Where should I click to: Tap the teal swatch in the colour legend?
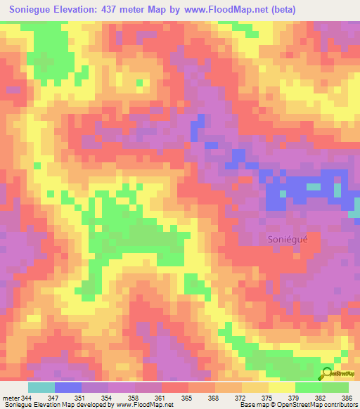pyautogui.click(x=41, y=387)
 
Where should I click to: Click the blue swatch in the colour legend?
pyautogui.click(x=68, y=387)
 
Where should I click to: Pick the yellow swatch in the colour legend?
pyautogui.click(x=282, y=387)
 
